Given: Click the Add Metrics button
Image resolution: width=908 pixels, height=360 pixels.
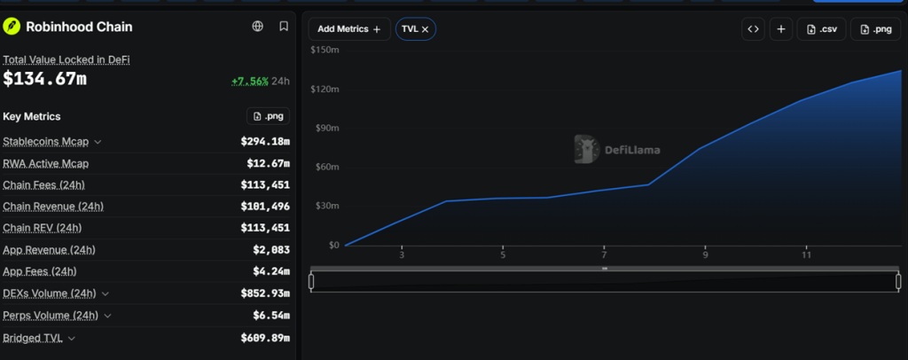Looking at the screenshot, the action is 349,29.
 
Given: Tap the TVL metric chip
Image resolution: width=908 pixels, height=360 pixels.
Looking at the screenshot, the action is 415,29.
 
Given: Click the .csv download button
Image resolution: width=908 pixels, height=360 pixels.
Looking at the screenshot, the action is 821,29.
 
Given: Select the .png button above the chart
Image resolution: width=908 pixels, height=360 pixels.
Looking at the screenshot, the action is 875,29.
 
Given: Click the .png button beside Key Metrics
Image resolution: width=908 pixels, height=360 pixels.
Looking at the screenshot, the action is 268,116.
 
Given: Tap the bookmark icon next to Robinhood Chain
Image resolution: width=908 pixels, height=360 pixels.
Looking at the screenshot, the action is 284,26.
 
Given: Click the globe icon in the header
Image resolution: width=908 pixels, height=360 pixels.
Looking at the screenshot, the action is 258,26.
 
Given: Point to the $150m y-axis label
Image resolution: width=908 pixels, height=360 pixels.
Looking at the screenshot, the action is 325,50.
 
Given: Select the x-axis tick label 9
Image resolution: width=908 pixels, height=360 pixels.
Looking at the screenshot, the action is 705,254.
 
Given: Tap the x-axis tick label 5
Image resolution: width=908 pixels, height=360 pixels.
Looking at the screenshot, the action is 503,254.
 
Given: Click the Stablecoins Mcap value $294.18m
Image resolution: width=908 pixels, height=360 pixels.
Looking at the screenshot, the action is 265,141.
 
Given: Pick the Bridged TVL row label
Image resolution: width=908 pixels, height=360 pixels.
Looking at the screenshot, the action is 33,338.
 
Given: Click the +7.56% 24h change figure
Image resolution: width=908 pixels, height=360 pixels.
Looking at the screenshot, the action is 249,81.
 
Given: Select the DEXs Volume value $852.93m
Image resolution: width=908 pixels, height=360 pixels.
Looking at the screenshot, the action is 265,293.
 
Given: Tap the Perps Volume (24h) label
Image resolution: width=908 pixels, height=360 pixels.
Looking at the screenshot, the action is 51,316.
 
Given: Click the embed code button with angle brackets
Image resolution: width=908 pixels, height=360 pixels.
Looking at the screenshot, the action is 754,29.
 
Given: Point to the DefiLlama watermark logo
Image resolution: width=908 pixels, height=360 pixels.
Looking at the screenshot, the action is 617,149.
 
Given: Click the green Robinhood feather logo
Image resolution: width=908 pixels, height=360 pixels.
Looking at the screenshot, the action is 12,27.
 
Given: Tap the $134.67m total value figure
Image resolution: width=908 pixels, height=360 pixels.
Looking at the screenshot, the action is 44,79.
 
